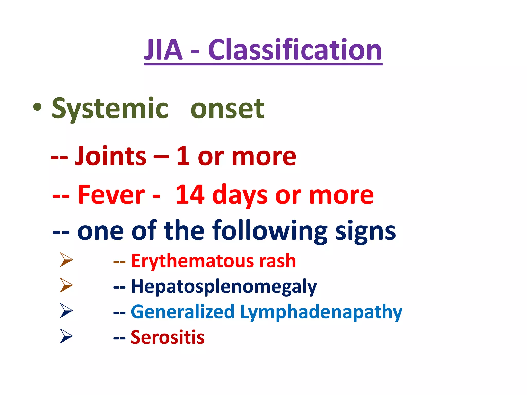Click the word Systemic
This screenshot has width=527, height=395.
[x=110, y=109]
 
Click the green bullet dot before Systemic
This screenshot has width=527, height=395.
[x=37, y=107]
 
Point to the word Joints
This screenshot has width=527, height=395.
[x=111, y=156]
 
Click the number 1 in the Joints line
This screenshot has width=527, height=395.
[x=183, y=156]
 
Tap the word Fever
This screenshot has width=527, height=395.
[x=111, y=195]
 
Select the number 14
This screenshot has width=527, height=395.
[x=190, y=195]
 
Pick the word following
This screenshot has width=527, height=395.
[x=270, y=231]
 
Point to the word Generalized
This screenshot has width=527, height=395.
[x=183, y=312]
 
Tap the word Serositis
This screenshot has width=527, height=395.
[x=168, y=337]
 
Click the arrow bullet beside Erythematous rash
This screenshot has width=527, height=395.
[x=66, y=259]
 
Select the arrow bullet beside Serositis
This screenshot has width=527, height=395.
[x=66, y=336]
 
